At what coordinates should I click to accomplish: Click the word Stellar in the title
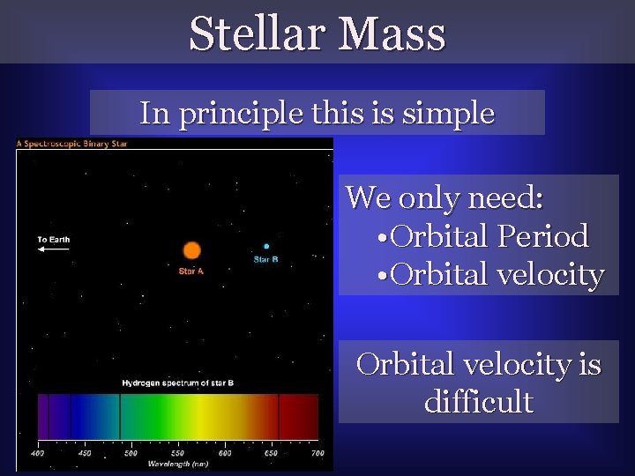pyautogui.click(x=258, y=33)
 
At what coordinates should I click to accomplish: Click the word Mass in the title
pyautogui.click(x=392, y=33)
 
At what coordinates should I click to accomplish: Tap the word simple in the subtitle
pyautogui.click(x=448, y=114)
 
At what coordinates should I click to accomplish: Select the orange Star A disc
pyautogui.click(x=192, y=250)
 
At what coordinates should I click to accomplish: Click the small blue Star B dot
pyautogui.click(x=266, y=246)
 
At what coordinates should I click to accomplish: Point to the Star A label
pyautogui.click(x=191, y=271)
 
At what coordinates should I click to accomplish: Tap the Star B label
pyautogui.click(x=266, y=259)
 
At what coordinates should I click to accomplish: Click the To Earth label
pyautogui.click(x=54, y=240)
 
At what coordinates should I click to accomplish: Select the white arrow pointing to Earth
pyautogui.click(x=54, y=249)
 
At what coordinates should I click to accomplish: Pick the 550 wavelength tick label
pyautogui.click(x=177, y=453)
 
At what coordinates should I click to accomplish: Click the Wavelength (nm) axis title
pyautogui.click(x=178, y=464)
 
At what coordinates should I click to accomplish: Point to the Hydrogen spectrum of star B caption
pyautogui.click(x=178, y=383)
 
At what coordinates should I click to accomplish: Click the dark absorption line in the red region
pyautogui.click(x=279, y=416)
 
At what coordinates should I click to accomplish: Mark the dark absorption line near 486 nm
pyautogui.click(x=120, y=416)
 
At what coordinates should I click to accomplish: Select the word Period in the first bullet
pyautogui.click(x=543, y=235)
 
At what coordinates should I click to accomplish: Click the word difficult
pyautogui.click(x=479, y=401)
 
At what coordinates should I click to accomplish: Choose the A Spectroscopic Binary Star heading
pyautogui.click(x=71, y=144)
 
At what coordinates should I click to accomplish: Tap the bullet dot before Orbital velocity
pyautogui.click(x=382, y=275)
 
